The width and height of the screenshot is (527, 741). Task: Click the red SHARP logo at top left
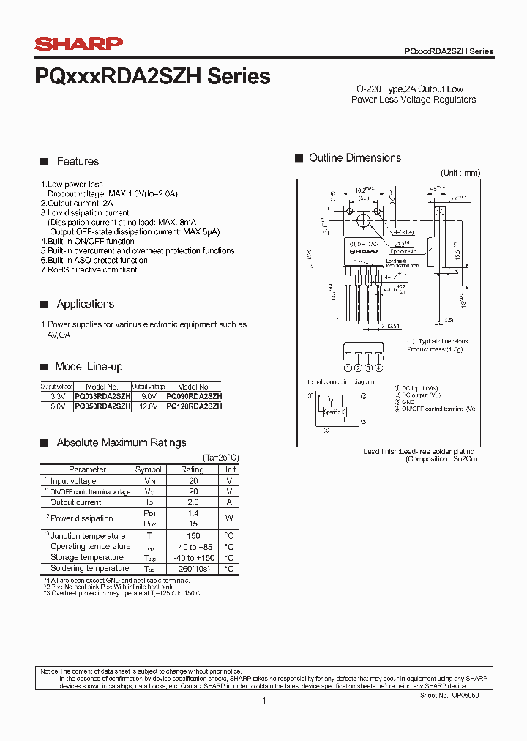point(79,44)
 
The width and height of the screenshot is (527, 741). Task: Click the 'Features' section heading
point(78,162)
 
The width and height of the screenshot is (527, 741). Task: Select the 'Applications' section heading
point(86,304)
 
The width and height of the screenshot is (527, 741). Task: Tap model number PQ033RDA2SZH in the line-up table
point(102,395)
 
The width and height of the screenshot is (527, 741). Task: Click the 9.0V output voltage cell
point(143,395)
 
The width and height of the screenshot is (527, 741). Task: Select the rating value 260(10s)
point(193,569)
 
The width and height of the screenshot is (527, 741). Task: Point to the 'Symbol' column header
point(149,469)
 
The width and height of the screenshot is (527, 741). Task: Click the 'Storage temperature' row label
point(87,558)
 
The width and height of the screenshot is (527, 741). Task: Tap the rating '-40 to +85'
point(193,547)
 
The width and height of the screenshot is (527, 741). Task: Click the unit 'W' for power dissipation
point(229,519)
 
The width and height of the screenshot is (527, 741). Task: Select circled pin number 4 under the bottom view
point(378,368)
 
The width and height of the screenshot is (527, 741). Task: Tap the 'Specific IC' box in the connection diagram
point(335,412)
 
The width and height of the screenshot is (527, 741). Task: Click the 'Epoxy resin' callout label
point(401,251)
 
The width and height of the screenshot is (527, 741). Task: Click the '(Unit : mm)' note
point(460,173)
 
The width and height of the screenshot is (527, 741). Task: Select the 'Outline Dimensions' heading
point(355,158)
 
